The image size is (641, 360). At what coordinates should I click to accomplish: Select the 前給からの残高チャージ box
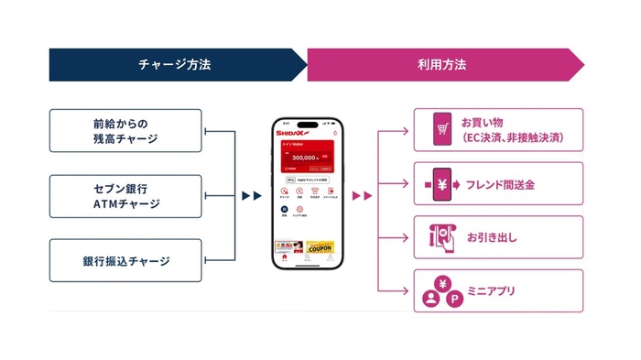125,130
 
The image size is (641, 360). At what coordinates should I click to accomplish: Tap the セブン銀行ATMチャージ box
125,196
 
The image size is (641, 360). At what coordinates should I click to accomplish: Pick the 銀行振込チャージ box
125,261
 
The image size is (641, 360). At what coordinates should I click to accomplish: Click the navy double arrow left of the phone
251,195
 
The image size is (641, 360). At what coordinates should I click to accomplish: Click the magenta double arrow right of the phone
363,195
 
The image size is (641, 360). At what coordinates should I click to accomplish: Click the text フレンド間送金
500,184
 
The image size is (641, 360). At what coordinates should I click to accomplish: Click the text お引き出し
492,238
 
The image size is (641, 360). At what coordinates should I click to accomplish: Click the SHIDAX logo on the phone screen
294,134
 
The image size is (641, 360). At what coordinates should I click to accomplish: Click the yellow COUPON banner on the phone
320,246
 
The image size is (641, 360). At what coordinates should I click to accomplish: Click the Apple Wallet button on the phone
306,180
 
